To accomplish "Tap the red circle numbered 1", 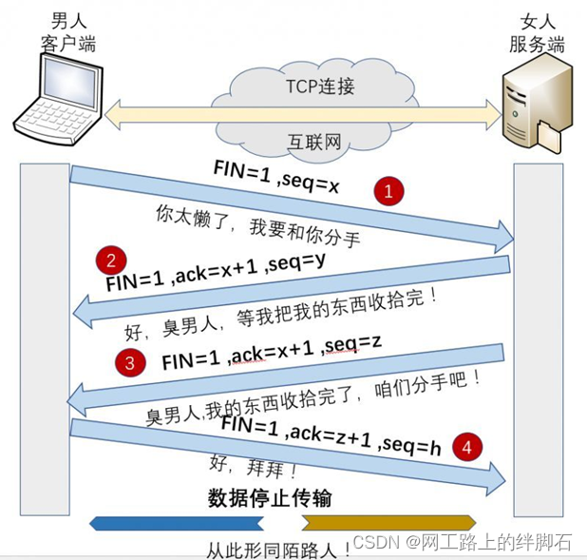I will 388,191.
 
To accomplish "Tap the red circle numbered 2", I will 113,261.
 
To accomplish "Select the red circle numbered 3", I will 131,362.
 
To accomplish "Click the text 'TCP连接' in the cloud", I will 320,87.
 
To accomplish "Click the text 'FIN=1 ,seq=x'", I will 276,178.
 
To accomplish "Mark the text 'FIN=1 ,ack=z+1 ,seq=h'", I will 331,436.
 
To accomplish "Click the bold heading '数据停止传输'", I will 269,498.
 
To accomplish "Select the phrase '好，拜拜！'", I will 254,468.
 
